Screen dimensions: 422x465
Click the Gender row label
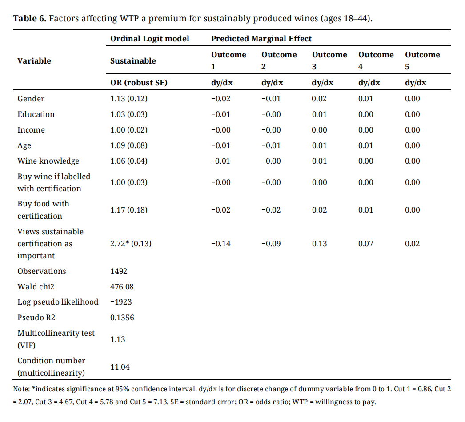(x=31, y=99)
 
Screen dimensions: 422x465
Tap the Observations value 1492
(x=119, y=271)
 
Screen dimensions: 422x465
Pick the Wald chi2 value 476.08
(x=122, y=287)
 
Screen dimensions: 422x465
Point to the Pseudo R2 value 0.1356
(x=122, y=318)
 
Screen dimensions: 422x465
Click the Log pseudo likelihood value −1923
(x=121, y=302)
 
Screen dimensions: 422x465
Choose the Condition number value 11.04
(x=120, y=367)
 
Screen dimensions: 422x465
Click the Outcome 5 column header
(x=422, y=60)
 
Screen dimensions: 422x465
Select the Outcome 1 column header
(x=228, y=60)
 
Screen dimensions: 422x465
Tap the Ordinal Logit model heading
(x=150, y=39)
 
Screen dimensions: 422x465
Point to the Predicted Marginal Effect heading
(x=261, y=39)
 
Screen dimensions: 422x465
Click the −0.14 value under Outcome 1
(x=220, y=244)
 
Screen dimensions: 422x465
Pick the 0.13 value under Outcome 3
(x=319, y=244)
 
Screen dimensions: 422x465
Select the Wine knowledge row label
(x=48, y=161)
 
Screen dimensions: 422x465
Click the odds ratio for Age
(x=128, y=145)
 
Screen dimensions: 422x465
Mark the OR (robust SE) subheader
(x=139, y=83)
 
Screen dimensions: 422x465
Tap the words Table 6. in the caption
(x=29, y=19)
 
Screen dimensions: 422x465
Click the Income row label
(x=31, y=130)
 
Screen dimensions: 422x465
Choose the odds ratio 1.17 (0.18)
(x=128, y=210)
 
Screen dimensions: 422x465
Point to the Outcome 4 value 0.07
(x=365, y=244)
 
